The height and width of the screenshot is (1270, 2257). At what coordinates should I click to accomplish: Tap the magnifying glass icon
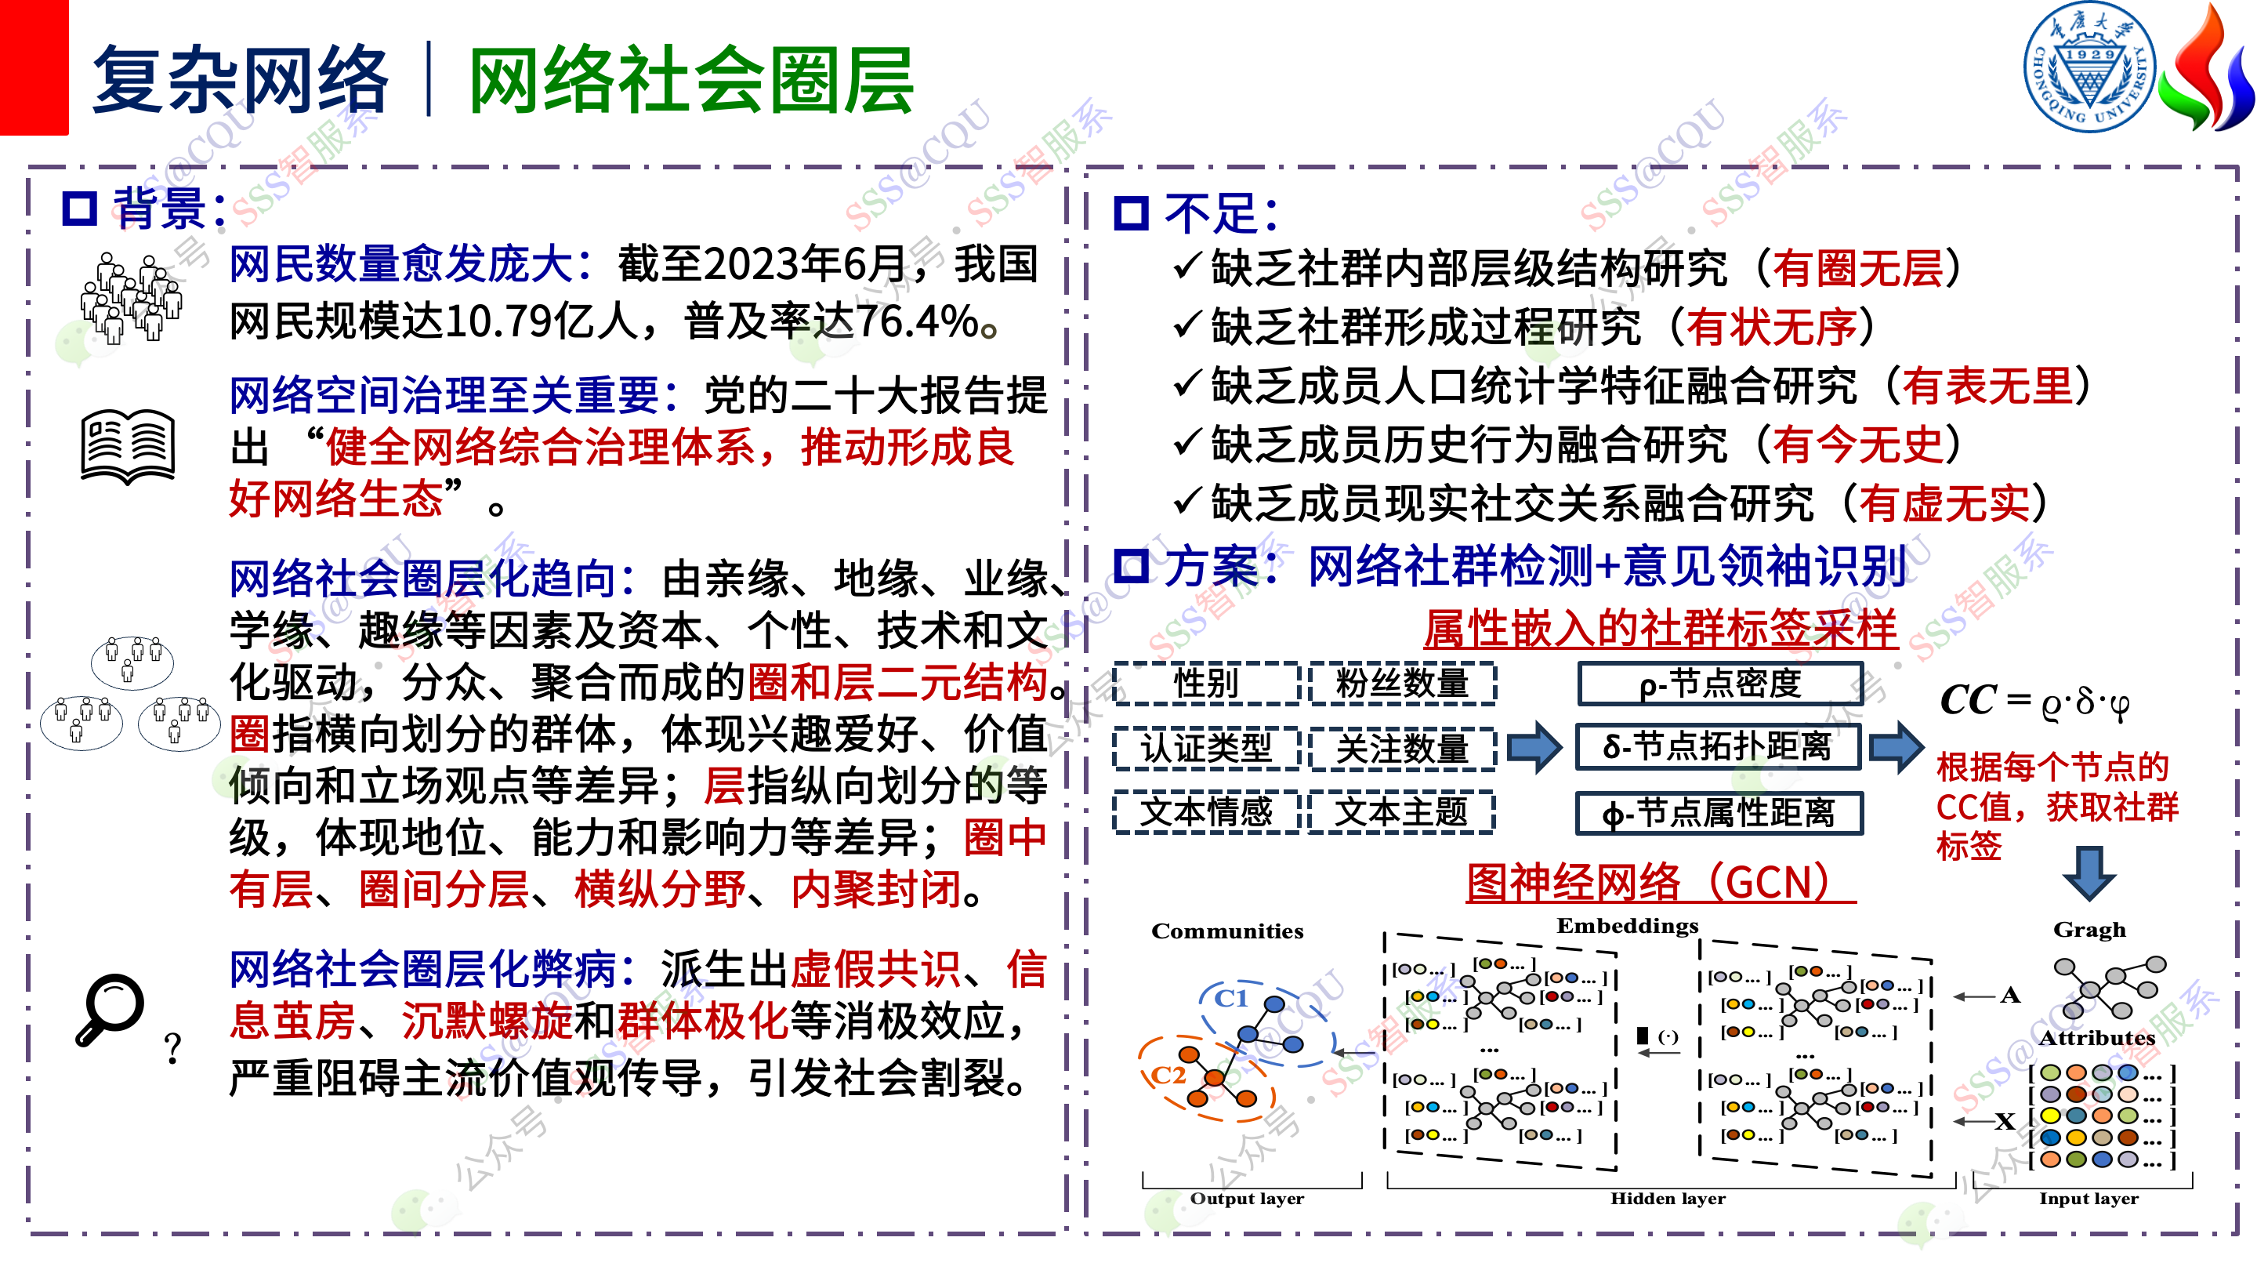(110, 1009)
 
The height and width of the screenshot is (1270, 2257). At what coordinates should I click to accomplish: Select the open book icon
(128, 446)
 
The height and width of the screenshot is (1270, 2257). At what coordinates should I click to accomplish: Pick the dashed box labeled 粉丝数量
(1402, 684)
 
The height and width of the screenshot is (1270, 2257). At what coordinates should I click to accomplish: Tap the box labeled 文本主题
(1402, 811)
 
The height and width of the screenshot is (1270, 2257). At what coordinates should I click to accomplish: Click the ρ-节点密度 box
(1720, 684)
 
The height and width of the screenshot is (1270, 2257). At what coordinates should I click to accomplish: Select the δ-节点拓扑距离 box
(1718, 747)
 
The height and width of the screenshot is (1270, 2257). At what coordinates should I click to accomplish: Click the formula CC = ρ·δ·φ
(2035, 702)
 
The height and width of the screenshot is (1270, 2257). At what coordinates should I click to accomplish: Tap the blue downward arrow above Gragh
(2089, 873)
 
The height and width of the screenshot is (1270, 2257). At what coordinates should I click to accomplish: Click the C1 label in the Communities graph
(1231, 998)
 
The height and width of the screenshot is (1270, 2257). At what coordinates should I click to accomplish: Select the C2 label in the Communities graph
(1168, 1076)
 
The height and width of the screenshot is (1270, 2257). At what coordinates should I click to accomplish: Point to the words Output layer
(1247, 1199)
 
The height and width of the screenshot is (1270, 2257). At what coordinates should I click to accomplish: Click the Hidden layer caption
(1668, 1199)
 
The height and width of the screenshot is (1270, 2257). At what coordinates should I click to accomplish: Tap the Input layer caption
(2089, 1199)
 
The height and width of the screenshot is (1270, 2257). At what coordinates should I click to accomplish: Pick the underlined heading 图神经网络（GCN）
(1661, 883)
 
